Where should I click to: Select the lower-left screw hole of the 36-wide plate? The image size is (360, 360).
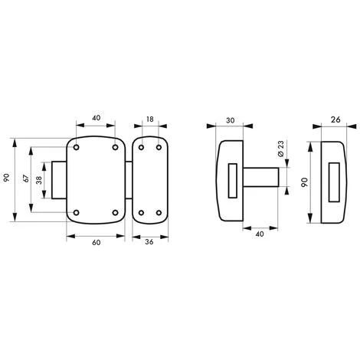point(141,212)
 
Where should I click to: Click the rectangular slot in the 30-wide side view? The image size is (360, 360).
point(232,178)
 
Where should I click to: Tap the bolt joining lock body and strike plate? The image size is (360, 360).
point(128,178)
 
